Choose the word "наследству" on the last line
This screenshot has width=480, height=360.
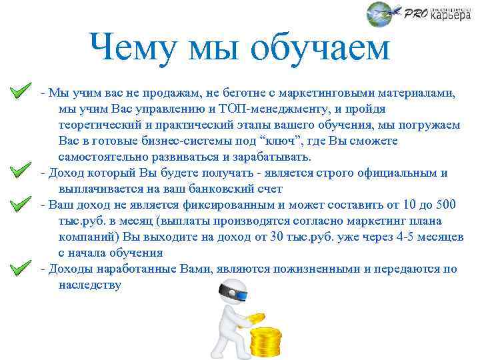point(89,285)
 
